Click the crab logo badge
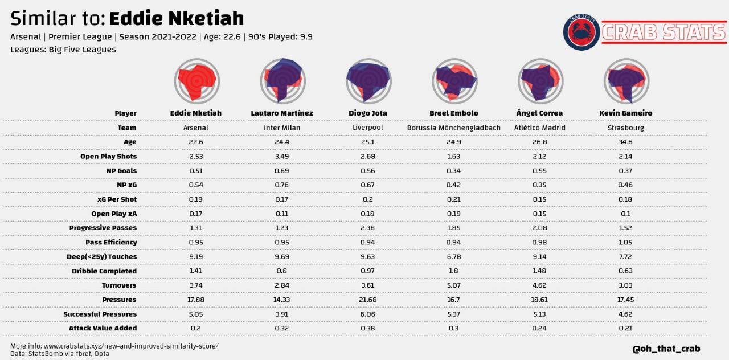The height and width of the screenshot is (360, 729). click(581, 32)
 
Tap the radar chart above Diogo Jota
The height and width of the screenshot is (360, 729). click(368, 80)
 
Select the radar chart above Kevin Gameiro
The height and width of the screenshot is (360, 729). click(625, 80)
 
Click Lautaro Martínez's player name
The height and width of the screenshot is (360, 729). click(282, 113)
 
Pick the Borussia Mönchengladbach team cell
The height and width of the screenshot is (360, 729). click(453, 128)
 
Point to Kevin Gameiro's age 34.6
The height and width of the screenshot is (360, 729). click(625, 142)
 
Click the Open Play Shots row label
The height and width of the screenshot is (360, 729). click(108, 156)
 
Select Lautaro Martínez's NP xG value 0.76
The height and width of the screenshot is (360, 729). click(282, 185)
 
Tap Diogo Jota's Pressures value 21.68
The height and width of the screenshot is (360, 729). click(368, 300)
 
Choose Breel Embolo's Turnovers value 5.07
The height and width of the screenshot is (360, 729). click(453, 285)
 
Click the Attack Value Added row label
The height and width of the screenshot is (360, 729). click(103, 328)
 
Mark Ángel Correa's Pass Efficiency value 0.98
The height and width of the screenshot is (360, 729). click(539, 242)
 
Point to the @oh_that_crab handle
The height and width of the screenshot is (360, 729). click(666, 348)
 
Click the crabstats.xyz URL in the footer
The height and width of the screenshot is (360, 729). click(131, 346)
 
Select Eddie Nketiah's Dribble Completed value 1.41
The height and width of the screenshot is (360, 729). click(196, 271)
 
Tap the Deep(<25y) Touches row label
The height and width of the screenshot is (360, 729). click(101, 257)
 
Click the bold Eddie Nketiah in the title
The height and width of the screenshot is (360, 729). click(176, 18)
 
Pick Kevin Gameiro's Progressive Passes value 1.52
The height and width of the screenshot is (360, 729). click(625, 228)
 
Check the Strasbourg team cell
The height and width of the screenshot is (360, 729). click(625, 128)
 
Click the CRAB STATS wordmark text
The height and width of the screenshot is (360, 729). click(664, 32)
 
